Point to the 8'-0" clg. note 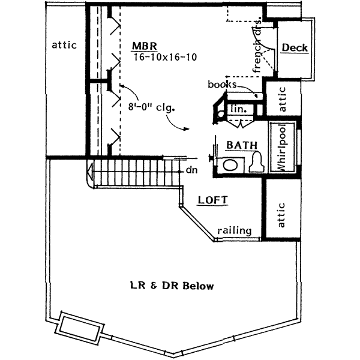click(x=151, y=109)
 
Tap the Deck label click(x=294, y=48)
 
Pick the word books click(x=221, y=85)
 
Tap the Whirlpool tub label click(x=282, y=147)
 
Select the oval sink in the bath click(x=229, y=165)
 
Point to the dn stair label click(x=191, y=170)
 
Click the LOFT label click(x=212, y=200)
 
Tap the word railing click(x=235, y=230)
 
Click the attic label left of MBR click(x=64, y=44)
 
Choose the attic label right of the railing click(x=282, y=214)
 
